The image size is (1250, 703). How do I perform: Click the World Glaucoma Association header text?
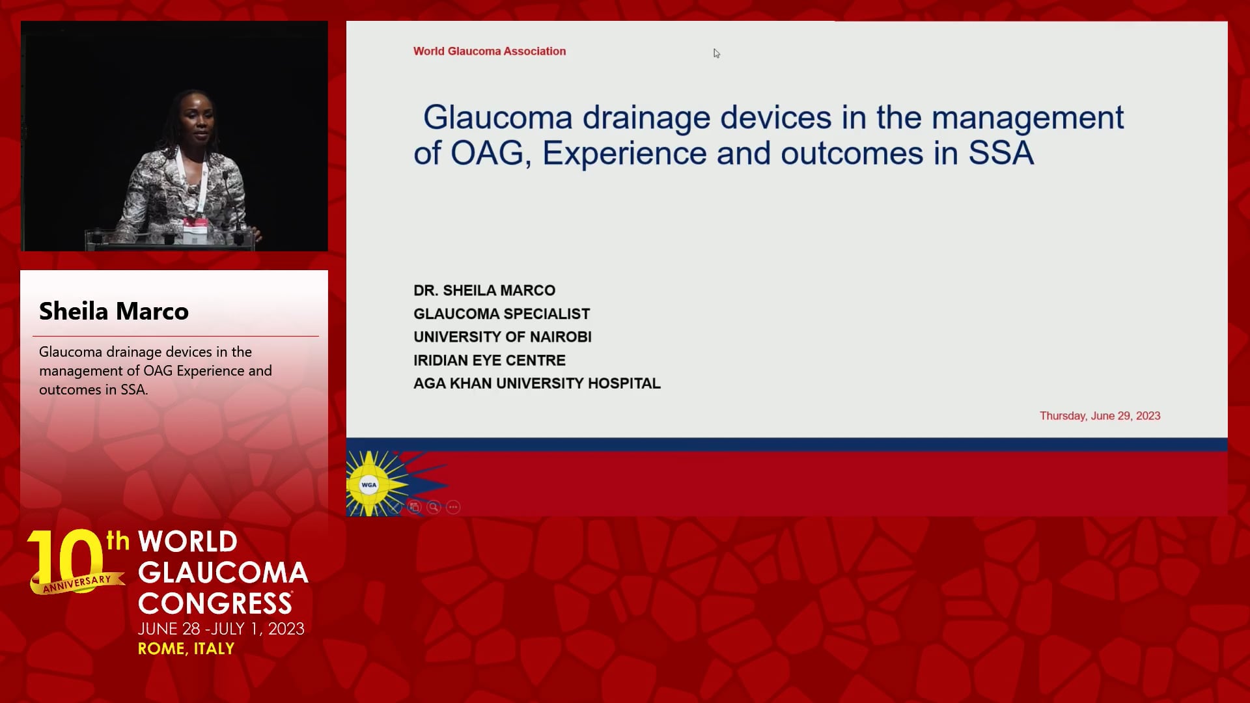[490, 51]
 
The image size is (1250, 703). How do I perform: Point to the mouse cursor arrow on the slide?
[716, 53]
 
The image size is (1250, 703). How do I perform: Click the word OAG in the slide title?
[487, 154]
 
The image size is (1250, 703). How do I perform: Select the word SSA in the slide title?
[1001, 154]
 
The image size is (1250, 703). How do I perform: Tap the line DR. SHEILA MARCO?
[484, 290]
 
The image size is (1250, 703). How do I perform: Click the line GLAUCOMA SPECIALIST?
[501, 314]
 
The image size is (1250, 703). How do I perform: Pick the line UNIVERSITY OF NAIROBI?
[503, 337]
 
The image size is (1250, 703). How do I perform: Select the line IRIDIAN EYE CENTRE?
[490, 360]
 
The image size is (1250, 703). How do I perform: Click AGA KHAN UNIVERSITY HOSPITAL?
[537, 383]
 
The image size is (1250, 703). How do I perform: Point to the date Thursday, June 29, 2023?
[1100, 416]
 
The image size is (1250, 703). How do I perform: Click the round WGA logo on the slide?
[369, 485]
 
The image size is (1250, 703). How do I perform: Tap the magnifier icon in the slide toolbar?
[434, 507]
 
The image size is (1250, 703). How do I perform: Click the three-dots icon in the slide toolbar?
[453, 507]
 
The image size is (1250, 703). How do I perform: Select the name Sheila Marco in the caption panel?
[114, 311]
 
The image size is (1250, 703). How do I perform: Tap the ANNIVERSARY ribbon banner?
[77, 583]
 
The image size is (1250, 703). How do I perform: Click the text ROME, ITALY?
[186, 649]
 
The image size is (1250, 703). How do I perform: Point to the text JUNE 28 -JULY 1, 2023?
[221, 629]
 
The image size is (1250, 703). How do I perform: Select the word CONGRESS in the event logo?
[215, 603]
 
